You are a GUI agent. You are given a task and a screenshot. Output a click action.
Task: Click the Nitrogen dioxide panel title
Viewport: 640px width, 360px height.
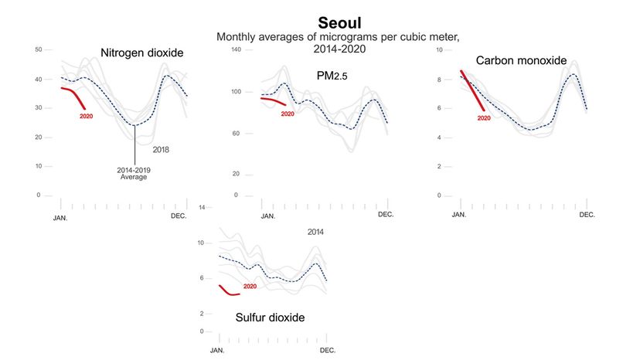point(141,53)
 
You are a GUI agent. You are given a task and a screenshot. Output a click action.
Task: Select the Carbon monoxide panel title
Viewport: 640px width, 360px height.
point(521,60)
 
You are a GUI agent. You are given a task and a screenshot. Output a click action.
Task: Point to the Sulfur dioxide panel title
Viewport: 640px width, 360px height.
point(270,318)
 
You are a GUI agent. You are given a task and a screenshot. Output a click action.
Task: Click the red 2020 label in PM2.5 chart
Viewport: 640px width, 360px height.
point(288,114)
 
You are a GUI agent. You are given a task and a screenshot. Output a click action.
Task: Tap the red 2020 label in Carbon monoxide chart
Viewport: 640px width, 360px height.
point(484,118)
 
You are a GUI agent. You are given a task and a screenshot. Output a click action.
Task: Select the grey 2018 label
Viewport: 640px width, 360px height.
point(162,149)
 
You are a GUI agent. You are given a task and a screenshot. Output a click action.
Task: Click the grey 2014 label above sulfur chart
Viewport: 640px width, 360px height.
point(316,232)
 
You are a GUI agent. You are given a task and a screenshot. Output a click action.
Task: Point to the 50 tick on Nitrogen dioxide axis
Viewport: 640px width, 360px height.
point(38,49)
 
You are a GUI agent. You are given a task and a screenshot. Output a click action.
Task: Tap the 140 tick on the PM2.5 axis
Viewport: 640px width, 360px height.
point(237,49)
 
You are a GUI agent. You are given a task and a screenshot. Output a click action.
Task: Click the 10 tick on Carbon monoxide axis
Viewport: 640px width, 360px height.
point(439,49)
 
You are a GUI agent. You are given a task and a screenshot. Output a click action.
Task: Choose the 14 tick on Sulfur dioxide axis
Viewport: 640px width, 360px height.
point(201,208)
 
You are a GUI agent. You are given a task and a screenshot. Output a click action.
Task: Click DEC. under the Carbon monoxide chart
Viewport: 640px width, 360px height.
point(587,214)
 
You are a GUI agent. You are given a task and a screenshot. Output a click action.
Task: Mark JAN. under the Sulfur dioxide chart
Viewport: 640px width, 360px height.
point(218,351)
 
